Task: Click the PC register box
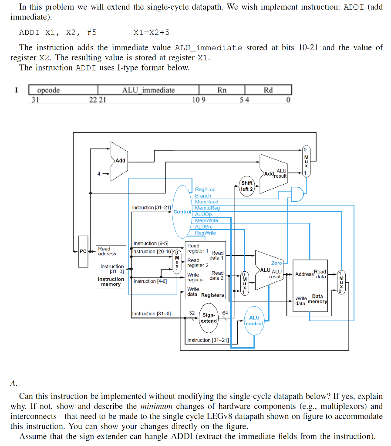click(x=83, y=251)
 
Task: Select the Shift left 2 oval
click(x=247, y=186)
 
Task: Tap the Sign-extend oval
click(x=209, y=318)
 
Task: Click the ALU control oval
click(x=254, y=321)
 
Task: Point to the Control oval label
click(x=182, y=212)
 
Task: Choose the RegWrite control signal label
click(x=206, y=233)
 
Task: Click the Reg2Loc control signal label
click(x=205, y=189)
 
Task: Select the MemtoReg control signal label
click(x=207, y=208)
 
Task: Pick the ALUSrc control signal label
click(x=204, y=226)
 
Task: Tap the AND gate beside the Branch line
click(x=297, y=194)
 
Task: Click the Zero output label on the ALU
click(x=276, y=263)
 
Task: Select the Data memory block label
click(x=317, y=299)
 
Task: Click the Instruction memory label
click(x=111, y=282)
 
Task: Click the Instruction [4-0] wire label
click(x=150, y=281)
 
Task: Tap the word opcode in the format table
click(x=48, y=90)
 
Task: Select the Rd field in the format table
click(x=268, y=90)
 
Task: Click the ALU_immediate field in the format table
click(x=148, y=90)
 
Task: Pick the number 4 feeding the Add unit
click(x=99, y=174)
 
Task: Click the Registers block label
click(x=212, y=295)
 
